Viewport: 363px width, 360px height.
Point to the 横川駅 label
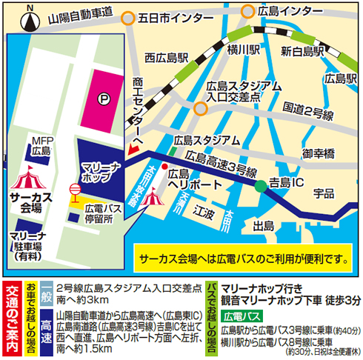point(244,50)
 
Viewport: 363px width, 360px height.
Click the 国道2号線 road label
point(309,108)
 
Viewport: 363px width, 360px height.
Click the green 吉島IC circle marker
point(260,187)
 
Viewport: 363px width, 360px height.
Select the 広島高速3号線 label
point(222,159)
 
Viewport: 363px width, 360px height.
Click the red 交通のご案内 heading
point(11,319)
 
